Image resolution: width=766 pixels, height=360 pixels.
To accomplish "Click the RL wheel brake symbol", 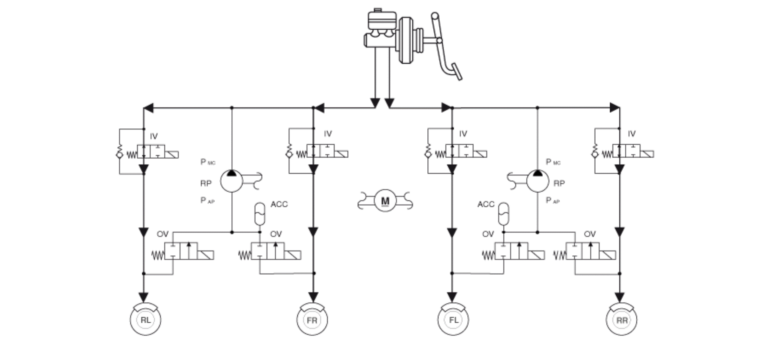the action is pos(146,319).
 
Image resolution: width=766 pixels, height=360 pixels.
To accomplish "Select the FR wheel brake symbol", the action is pos(312,319).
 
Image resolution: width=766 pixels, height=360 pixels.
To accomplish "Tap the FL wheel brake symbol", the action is pos(453,319).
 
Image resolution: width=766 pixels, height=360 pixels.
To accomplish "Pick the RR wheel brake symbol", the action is pos(622,319).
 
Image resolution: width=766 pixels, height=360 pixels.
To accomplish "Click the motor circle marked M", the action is pos(385,201).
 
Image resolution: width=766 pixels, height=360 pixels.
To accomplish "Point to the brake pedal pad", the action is pos(457,72).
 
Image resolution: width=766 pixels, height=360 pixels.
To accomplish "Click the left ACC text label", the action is pos(279,204).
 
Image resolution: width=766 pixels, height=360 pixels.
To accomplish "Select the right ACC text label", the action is pos(486,204).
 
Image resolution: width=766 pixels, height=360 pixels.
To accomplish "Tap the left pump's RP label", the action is pos(206,184).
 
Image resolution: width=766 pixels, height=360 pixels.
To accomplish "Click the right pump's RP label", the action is pos(559,184).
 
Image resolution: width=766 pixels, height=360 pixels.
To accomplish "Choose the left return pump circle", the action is pos(232,181).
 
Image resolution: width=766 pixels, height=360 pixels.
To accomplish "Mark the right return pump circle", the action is pos(538,181).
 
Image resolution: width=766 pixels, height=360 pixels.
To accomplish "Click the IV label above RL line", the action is pos(154,136).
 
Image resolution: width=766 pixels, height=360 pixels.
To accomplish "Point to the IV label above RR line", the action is pos(632,134).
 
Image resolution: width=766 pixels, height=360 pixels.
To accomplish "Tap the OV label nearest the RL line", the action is pos(162,234).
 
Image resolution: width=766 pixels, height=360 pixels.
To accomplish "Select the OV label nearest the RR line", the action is pos(590,234).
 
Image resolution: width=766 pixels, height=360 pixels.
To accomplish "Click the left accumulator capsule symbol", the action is pos(260,213).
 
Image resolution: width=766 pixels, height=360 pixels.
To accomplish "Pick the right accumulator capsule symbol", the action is pos(503,213).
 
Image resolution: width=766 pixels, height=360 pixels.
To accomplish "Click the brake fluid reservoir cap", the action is pos(377,10).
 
